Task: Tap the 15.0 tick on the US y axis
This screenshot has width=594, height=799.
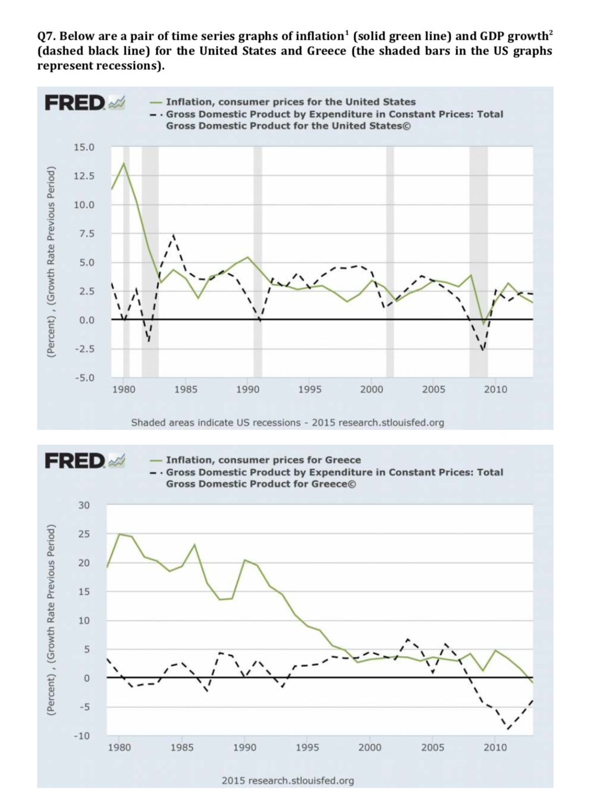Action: [x=84, y=148]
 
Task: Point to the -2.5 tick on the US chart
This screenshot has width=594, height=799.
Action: [x=84, y=349]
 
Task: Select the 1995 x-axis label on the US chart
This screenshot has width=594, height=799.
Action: [x=309, y=389]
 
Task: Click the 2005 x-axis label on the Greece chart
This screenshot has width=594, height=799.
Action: [x=432, y=747]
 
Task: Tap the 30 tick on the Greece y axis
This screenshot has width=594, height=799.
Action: [x=84, y=505]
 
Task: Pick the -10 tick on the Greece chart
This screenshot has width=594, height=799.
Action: [x=82, y=736]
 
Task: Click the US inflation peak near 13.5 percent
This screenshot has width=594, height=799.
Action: [x=124, y=163]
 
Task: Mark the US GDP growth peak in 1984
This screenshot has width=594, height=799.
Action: [x=173, y=235]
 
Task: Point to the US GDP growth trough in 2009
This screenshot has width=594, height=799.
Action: [x=483, y=350]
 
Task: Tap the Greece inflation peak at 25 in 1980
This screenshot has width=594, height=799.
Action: [x=119, y=534]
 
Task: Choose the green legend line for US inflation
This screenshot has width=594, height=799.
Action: [x=156, y=102]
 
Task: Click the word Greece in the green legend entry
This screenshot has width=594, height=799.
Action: [x=342, y=460]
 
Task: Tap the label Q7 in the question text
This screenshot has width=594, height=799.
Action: [x=46, y=36]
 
